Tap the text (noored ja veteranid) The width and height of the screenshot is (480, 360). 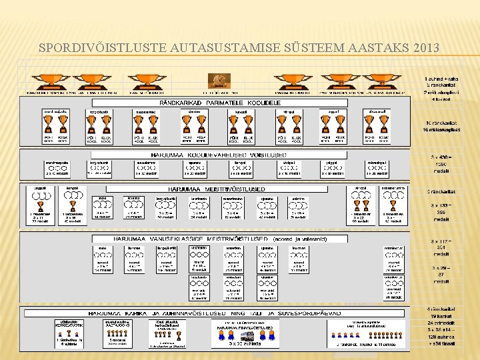point(297,238)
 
